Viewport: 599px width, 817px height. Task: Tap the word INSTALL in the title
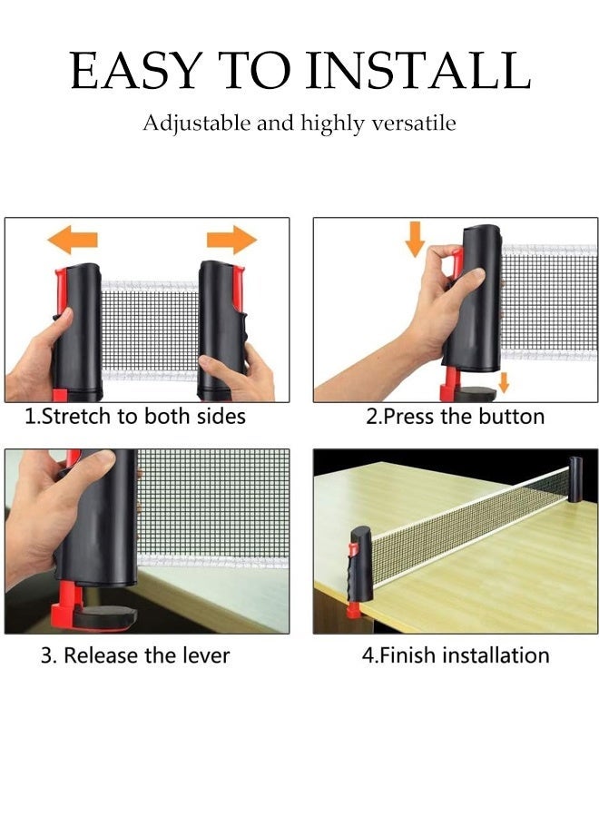[418, 70]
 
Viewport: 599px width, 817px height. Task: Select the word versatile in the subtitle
[414, 123]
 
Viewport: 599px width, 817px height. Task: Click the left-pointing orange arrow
[73, 240]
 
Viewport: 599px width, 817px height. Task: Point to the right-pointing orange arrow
[231, 240]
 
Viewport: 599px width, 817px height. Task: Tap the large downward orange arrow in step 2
[415, 239]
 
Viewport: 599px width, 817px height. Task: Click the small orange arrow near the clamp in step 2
[503, 382]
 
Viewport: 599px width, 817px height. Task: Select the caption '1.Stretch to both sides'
[135, 417]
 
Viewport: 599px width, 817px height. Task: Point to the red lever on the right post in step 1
[238, 287]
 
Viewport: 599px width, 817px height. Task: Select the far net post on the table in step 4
[575, 479]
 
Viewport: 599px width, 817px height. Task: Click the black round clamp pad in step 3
[106, 617]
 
